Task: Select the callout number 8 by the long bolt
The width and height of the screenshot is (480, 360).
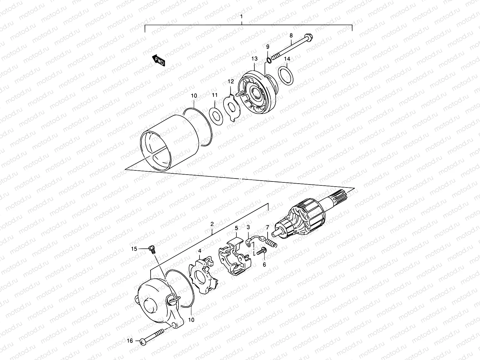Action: [x=291, y=35]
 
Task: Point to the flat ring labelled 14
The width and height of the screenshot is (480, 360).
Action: [x=287, y=76]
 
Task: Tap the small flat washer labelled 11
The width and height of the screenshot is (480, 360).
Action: [x=216, y=115]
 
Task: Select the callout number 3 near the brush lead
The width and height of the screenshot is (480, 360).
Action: [x=248, y=227]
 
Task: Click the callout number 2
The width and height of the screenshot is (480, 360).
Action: [x=212, y=224]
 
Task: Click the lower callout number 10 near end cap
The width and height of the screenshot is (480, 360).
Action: [x=191, y=320]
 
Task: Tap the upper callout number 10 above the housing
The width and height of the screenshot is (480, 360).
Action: [x=194, y=96]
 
